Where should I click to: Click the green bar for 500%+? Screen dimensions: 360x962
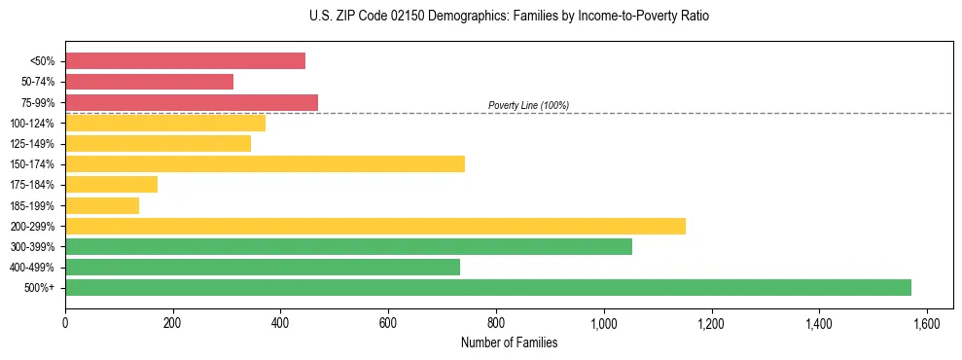pyautogui.click(x=488, y=287)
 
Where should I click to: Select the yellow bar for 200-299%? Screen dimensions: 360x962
pyautogui.click(x=375, y=226)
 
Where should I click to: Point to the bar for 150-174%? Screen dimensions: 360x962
pyautogui.click(x=265, y=163)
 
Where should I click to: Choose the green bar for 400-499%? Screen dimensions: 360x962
pyautogui.click(x=263, y=267)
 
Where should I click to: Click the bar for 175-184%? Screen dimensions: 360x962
pyautogui.click(x=111, y=184)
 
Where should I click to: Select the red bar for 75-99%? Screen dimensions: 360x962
pyautogui.click(x=192, y=102)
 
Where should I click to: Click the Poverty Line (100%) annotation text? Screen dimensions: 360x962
pyautogui.click(x=528, y=105)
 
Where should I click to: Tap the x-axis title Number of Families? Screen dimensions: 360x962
pyautogui.click(x=509, y=342)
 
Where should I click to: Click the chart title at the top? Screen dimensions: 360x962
pyautogui.click(x=510, y=17)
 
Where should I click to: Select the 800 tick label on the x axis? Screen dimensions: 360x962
pyautogui.click(x=496, y=324)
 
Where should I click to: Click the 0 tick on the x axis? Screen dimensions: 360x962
pyautogui.click(x=65, y=324)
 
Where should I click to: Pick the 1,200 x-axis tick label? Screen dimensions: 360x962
pyautogui.click(x=711, y=324)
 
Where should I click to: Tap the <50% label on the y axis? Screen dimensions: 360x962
pyautogui.click(x=42, y=61)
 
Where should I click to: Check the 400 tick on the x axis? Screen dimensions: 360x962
pyautogui.click(x=280, y=324)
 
